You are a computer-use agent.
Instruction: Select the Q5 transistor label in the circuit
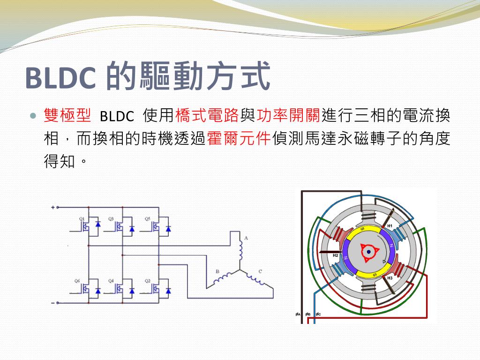point(147,218)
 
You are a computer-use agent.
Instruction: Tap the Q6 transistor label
point(78,280)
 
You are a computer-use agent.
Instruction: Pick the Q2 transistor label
point(147,280)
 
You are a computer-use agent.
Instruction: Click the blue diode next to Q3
point(132,229)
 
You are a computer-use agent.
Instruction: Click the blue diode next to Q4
point(132,291)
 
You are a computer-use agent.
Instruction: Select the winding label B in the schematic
point(217,271)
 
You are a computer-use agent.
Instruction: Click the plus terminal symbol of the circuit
point(53,207)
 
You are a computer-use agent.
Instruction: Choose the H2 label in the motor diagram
point(336,255)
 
